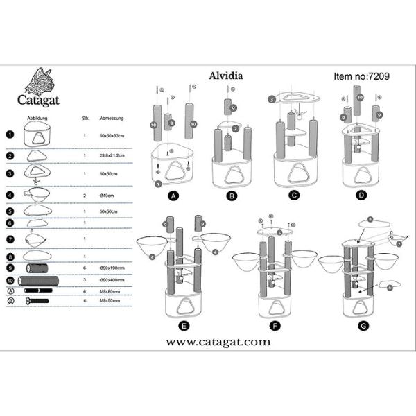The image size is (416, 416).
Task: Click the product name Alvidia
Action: [225, 78]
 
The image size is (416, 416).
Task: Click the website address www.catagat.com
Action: [208, 342]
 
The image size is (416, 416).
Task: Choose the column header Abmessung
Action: [112, 119]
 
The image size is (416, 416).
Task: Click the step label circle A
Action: [173, 196]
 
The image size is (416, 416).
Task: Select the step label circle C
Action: [294, 196]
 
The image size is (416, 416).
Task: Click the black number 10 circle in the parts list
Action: [10, 281]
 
